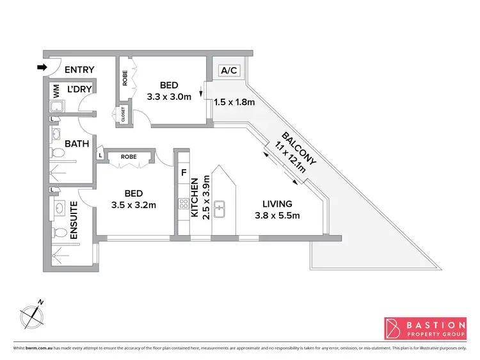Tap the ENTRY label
79,70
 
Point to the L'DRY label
81,89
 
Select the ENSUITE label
74,221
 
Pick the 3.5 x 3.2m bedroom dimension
134,205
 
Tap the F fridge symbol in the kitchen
184,172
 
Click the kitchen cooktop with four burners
184,205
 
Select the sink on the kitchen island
220,207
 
